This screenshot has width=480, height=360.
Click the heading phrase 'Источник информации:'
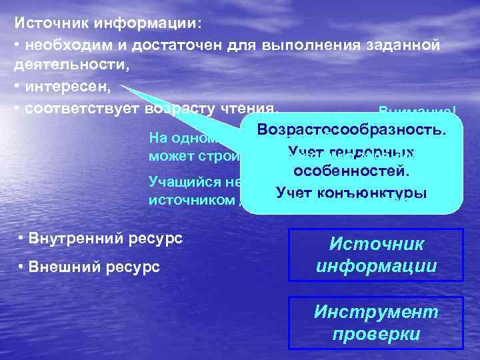(x=107, y=23)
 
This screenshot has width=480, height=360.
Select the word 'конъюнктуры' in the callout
(x=381, y=193)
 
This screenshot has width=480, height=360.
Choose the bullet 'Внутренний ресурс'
(x=101, y=238)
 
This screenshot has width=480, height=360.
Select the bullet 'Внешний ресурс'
(x=89, y=267)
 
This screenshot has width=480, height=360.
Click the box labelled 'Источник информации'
(x=375, y=255)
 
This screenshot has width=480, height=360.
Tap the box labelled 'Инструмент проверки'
(x=375, y=323)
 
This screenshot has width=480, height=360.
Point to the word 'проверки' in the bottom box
(x=375, y=334)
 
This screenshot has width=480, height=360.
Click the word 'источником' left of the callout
(x=191, y=199)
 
